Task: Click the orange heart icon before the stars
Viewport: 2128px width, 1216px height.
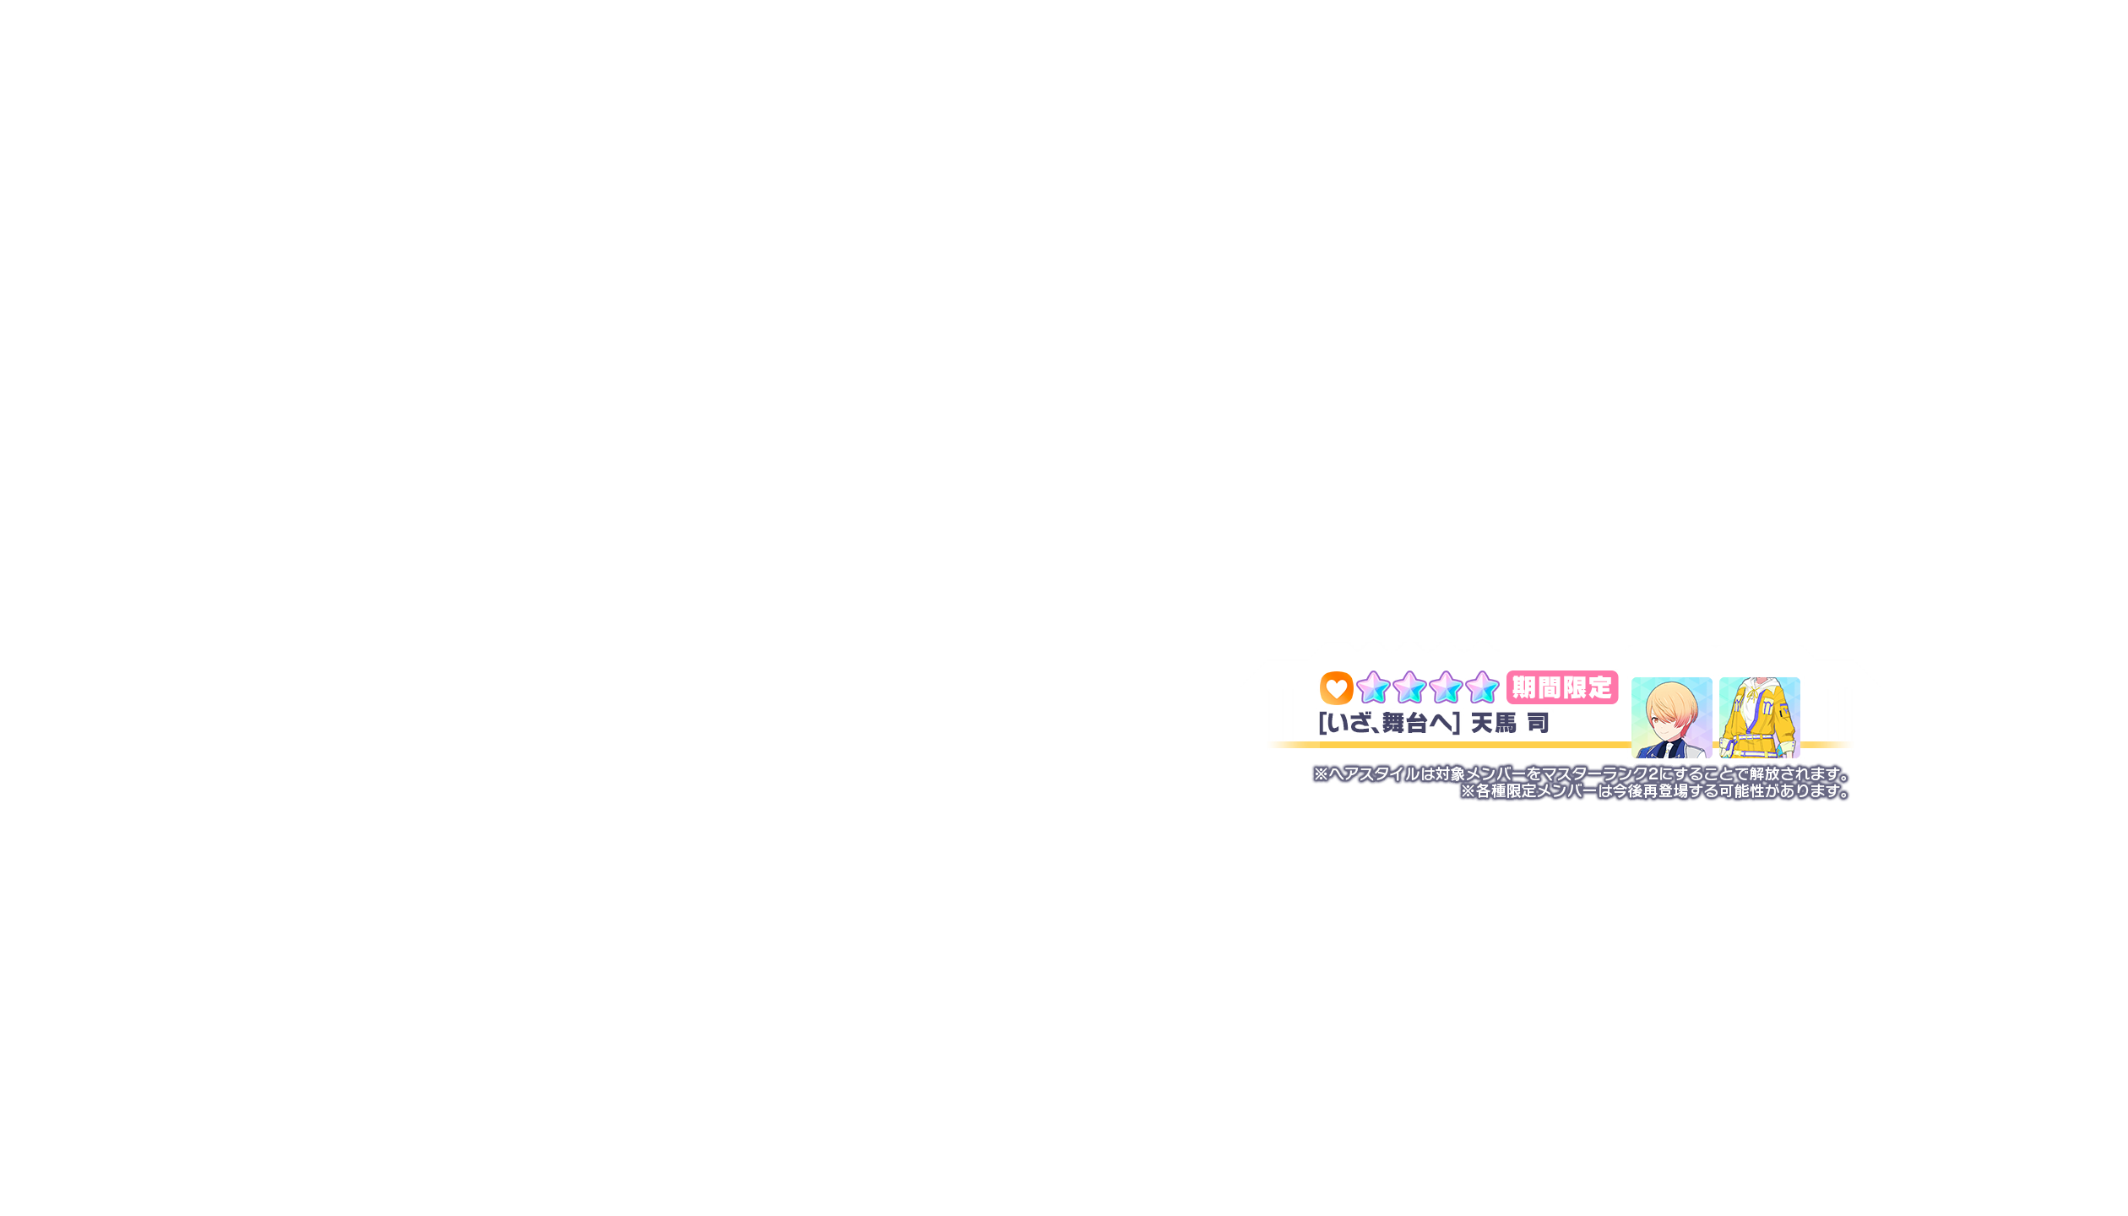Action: tap(1336, 688)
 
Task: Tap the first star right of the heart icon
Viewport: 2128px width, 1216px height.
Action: tap(1373, 687)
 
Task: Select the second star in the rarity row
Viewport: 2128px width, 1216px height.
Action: tap(1409, 687)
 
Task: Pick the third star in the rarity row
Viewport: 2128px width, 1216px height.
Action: tap(1446, 687)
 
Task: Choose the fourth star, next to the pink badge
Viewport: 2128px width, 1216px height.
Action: tap(1482, 687)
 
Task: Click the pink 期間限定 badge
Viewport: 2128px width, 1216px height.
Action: tap(1562, 687)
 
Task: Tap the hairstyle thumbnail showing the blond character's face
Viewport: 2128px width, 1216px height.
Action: tap(1672, 717)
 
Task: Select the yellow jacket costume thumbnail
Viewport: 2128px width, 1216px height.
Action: tap(1760, 717)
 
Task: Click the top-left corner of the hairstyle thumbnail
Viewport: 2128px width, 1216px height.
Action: tap(1631, 677)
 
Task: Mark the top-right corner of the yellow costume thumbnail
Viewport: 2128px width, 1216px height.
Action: tap(1800, 677)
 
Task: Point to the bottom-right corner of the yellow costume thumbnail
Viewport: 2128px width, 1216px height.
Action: tap(1800, 757)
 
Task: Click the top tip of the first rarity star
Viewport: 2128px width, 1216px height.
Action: tap(1374, 671)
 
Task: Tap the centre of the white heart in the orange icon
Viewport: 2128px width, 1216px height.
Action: tap(1336, 689)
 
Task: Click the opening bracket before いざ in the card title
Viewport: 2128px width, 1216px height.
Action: tap(1322, 723)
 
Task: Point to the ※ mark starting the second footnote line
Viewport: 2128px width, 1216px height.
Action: tap(1468, 791)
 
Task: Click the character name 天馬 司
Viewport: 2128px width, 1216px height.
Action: tap(1510, 723)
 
